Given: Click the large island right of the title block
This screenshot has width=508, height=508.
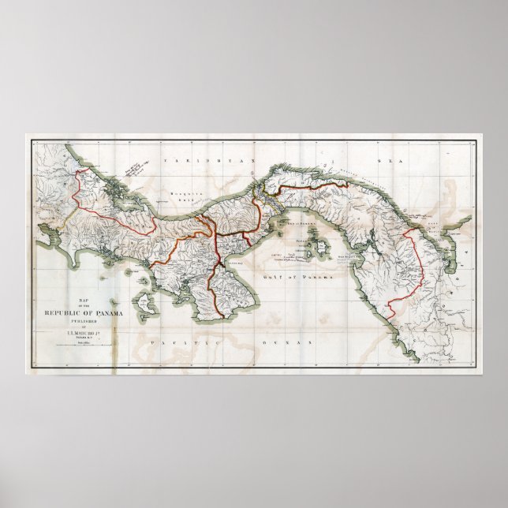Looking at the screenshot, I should [144, 301].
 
